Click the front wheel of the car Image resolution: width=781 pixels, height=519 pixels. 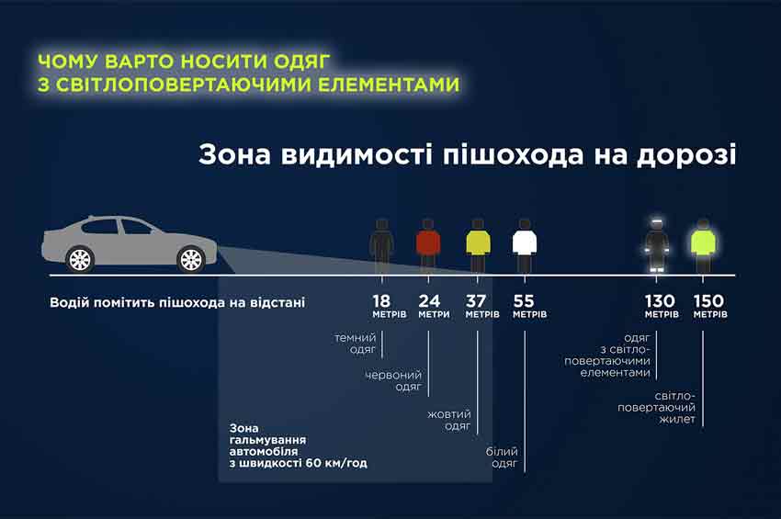pos(191,259)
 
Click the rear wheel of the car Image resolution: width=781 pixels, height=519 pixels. pos(80,259)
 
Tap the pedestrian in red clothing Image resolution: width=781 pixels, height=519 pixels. pos(428,246)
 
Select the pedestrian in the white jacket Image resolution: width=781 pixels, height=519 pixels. pos(525,246)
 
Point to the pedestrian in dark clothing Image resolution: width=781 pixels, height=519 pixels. pos(381,246)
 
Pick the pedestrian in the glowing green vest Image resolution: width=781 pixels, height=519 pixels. pos(703,246)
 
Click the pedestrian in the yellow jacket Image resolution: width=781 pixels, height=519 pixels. pos(478,246)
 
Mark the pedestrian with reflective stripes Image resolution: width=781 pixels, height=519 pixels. pos(656,245)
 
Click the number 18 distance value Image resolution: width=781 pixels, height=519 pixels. pos(381,301)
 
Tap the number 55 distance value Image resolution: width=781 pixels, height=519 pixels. pos(524,301)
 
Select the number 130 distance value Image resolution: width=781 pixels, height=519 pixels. pos(660,301)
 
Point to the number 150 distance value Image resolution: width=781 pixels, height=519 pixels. pos(708,301)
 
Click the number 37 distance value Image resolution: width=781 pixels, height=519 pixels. pos(476,301)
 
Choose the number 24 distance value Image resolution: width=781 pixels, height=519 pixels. pos(429,301)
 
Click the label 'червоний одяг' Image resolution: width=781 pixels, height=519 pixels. pos(393,380)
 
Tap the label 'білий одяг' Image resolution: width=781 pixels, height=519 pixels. pos(502,457)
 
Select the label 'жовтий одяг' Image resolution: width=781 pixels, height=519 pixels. pos(448,420)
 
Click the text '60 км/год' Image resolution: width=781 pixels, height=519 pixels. pos(336,463)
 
